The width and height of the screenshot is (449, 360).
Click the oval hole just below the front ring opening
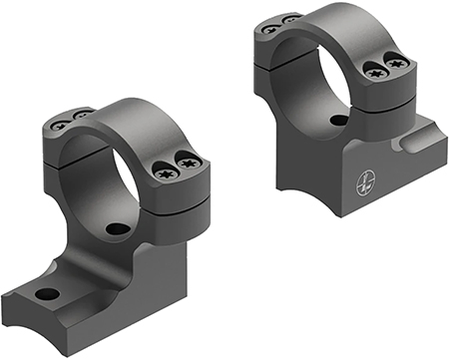(118, 228)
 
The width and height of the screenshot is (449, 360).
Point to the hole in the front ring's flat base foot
(45, 294)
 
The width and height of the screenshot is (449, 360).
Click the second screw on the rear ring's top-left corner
(289, 20)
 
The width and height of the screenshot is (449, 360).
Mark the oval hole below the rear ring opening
(339, 120)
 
